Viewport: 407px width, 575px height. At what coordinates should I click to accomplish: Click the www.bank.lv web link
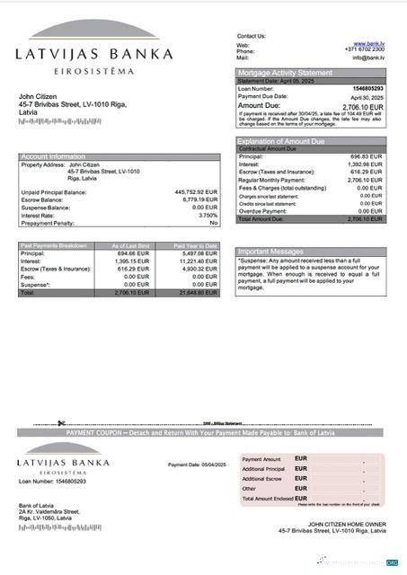(x=371, y=44)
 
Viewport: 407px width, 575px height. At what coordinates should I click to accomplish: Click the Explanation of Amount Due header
(x=281, y=141)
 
